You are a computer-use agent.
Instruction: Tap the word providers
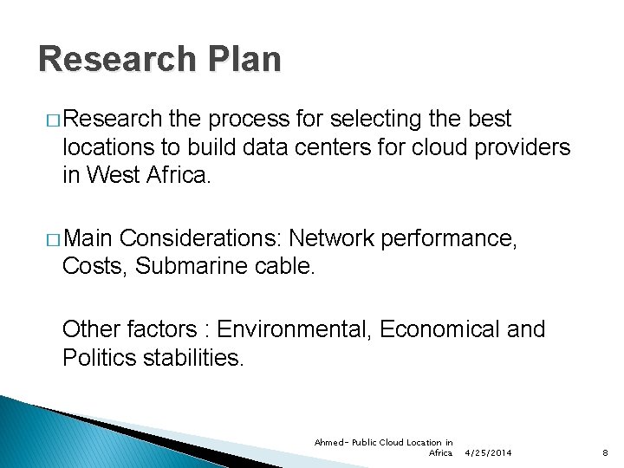click(523, 147)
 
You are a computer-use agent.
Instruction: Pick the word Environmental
click(295, 329)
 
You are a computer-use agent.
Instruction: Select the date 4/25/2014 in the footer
click(488, 453)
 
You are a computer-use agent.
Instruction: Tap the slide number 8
click(606, 453)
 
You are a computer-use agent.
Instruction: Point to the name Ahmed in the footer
click(328, 443)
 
